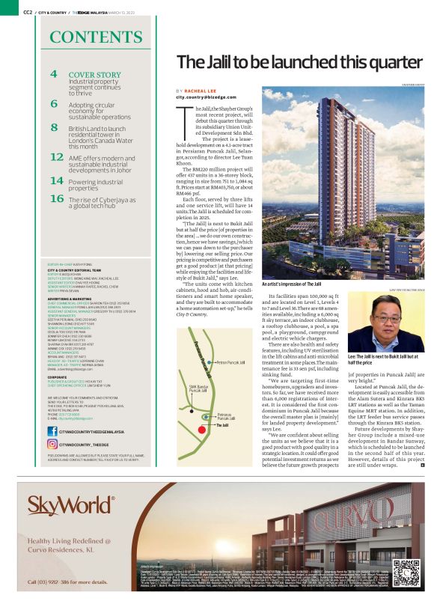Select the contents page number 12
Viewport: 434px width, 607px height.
click(x=56, y=157)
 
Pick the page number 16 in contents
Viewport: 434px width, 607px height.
click(x=56, y=198)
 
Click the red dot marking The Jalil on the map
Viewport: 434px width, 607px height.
click(x=208, y=424)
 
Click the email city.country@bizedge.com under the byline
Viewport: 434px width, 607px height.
click(x=205, y=97)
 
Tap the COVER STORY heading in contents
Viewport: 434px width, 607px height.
click(x=94, y=75)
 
